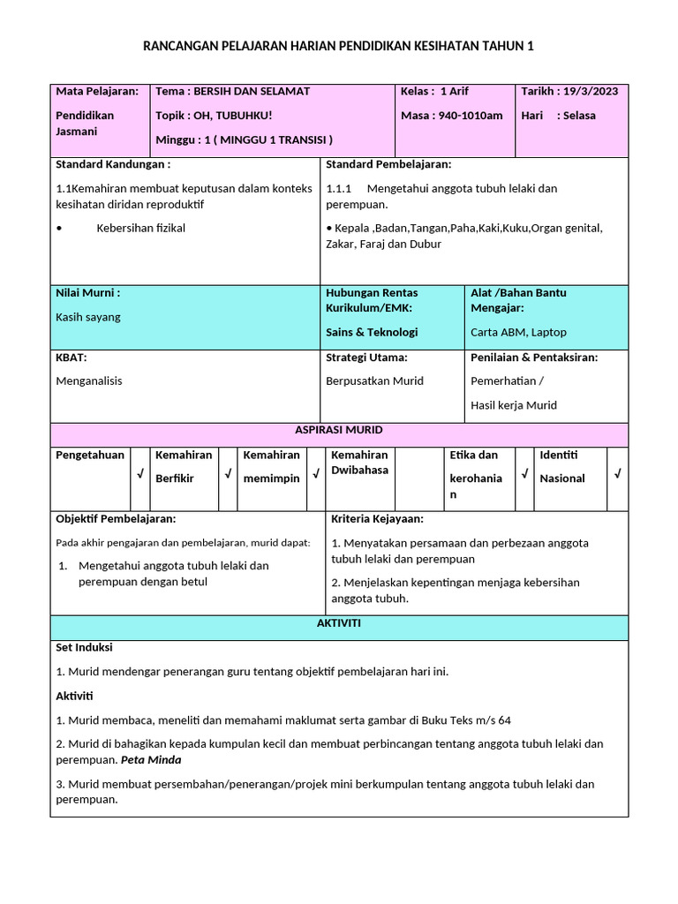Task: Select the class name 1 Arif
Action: pyautogui.click(x=456, y=91)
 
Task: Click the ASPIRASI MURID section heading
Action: pyautogui.click(x=339, y=430)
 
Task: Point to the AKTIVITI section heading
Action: pyautogui.click(x=339, y=623)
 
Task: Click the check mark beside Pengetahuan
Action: pyautogui.click(x=139, y=475)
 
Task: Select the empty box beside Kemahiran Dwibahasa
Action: pyautogui.click(x=419, y=478)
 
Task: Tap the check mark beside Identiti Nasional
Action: pyautogui.click(x=617, y=475)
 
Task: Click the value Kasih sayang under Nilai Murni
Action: pyautogui.click(x=88, y=317)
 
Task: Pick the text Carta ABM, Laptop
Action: pyautogui.click(x=518, y=332)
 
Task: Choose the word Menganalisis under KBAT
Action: pyautogui.click(x=89, y=380)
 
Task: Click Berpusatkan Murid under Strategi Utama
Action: pyautogui.click(x=374, y=380)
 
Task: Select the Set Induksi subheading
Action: pyautogui.click(x=84, y=647)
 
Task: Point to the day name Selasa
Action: pyautogui.click(x=583, y=115)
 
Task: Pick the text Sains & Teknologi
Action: pyautogui.click(x=372, y=332)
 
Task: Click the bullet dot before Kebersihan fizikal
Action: pyautogui.click(x=58, y=228)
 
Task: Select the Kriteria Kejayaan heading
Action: pyautogui.click(x=377, y=518)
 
